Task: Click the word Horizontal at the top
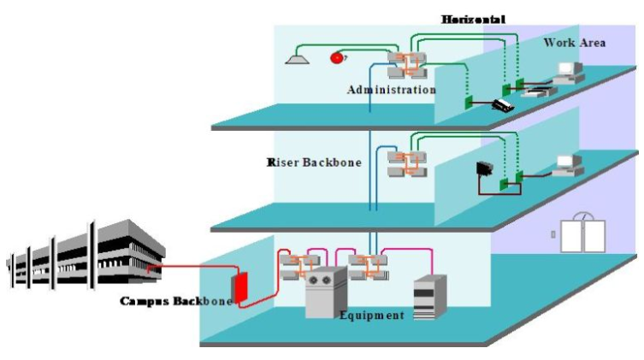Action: pyautogui.click(x=473, y=18)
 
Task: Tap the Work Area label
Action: pyautogui.click(x=575, y=43)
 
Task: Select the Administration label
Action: pyautogui.click(x=391, y=89)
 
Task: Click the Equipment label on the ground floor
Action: pyautogui.click(x=371, y=316)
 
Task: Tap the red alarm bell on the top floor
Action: pyautogui.click(x=337, y=57)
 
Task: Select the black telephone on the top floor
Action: pyautogui.click(x=503, y=105)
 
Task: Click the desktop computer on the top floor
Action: pyautogui.click(x=567, y=75)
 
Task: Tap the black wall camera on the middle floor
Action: pyautogui.click(x=484, y=168)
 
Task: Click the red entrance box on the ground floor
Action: pyautogui.click(x=240, y=286)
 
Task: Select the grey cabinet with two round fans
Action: pyautogui.click(x=326, y=291)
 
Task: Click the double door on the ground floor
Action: pyautogui.click(x=582, y=233)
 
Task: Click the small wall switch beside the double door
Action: pyautogui.click(x=553, y=233)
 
